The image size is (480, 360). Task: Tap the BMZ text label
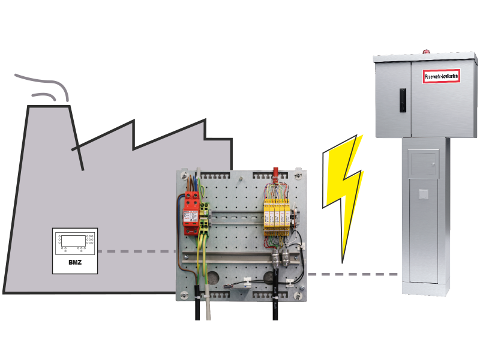point(74,262)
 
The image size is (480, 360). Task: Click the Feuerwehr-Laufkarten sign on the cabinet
point(441,76)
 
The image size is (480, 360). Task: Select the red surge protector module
point(192,214)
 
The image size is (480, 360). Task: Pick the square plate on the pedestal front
point(424,194)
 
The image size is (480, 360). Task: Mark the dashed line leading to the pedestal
point(354,274)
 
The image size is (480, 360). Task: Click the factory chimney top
point(50,106)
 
